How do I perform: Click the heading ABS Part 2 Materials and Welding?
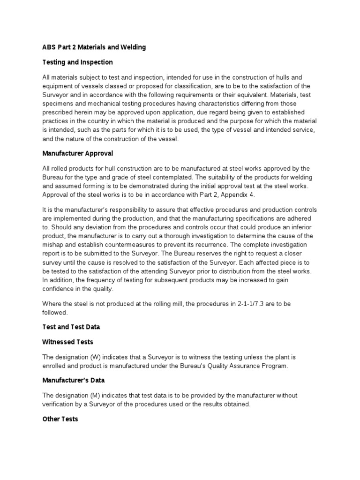pos(94,47)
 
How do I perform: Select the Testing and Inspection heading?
pos(77,62)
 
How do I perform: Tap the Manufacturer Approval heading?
pos(77,153)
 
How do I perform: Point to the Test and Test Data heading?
pos(71,327)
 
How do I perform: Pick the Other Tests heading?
pos(60,419)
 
